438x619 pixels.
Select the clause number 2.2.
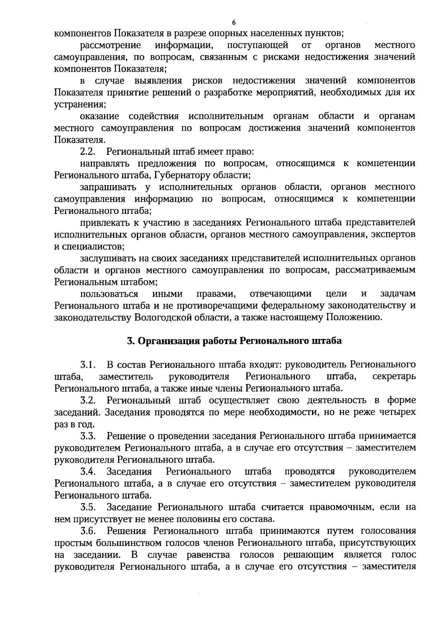pos(88,152)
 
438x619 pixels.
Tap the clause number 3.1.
pos(88,365)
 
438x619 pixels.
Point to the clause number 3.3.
pos(88,436)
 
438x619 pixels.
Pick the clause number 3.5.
pos(88,507)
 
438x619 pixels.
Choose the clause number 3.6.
pos(88,531)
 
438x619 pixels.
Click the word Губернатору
pos(185,175)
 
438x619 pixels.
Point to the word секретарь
pos(394,377)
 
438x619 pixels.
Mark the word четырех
pos(396,412)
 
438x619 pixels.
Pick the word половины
pos(196,519)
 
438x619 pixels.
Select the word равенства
pos(208,555)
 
